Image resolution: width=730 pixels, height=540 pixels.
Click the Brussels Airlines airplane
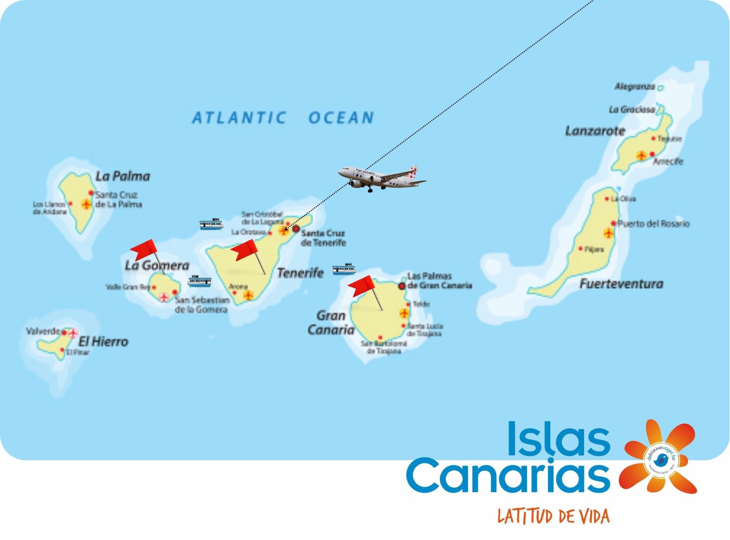[382, 177]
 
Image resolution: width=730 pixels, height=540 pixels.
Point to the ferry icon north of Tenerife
[211, 224]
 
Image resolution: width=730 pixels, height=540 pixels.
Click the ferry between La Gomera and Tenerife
[199, 280]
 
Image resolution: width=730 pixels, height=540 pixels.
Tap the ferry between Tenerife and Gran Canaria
[344, 269]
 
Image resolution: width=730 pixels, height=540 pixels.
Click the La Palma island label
[123, 176]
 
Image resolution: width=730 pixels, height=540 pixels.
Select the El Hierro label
[103, 341]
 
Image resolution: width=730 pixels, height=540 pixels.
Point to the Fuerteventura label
[621, 284]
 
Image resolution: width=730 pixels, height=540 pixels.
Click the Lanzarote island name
[595, 131]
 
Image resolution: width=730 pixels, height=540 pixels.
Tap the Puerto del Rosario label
[653, 224]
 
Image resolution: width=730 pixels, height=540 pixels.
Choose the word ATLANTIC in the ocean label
[239, 118]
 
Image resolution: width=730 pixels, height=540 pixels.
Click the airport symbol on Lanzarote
[641, 156]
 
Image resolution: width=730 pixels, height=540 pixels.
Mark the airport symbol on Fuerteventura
[608, 233]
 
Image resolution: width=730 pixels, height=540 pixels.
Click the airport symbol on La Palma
[86, 204]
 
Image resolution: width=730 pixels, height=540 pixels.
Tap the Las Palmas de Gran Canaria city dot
[402, 286]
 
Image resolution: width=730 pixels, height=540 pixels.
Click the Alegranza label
[634, 86]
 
